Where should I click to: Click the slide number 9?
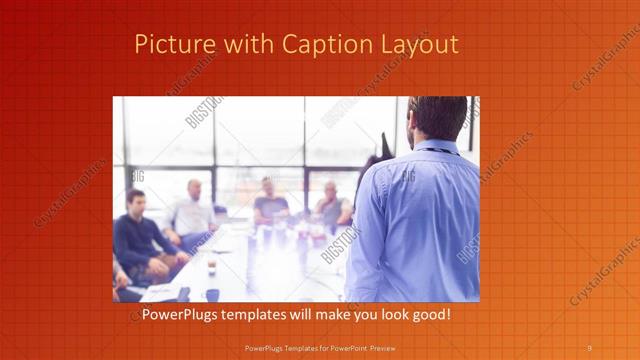[x=589, y=348]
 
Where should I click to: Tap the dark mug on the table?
[x=212, y=293]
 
